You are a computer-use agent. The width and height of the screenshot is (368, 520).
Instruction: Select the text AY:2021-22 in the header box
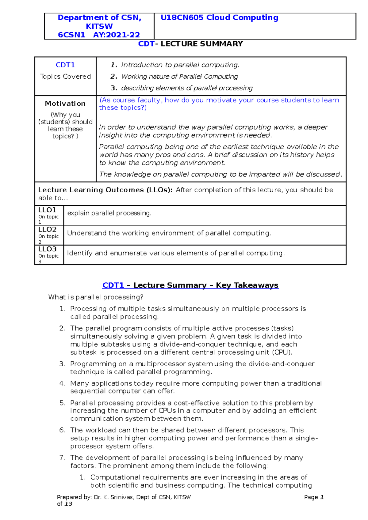pyautogui.click(x=117, y=35)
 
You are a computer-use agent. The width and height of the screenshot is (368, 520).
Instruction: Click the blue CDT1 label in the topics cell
pyautogui.click(x=65, y=65)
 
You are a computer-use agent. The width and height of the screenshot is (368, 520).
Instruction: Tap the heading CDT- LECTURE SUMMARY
pyautogui.click(x=190, y=44)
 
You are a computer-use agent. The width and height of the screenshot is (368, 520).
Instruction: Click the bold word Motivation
pyautogui.click(x=65, y=104)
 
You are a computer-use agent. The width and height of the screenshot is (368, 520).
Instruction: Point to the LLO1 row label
pyautogui.click(x=47, y=210)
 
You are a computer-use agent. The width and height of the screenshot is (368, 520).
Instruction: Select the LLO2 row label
pyautogui.click(x=47, y=230)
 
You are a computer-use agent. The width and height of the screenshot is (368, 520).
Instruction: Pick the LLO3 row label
pyautogui.click(x=47, y=249)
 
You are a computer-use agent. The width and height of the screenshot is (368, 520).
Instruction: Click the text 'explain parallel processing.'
pyautogui.click(x=109, y=213)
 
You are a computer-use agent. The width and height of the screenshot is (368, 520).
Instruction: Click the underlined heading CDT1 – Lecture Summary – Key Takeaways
pyautogui.click(x=190, y=285)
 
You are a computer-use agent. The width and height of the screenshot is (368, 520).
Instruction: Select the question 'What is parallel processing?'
pyautogui.click(x=96, y=297)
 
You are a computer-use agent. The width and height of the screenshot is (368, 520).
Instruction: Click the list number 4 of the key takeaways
pyautogui.click(x=62, y=383)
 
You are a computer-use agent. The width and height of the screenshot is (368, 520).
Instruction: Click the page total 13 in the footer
pyautogui.click(x=68, y=504)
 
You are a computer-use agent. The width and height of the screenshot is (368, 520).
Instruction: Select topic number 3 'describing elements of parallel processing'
pyautogui.click(x=186, y=88)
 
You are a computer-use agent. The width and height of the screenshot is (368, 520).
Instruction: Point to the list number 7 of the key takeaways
pyautogui.click(x=62, y=458)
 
